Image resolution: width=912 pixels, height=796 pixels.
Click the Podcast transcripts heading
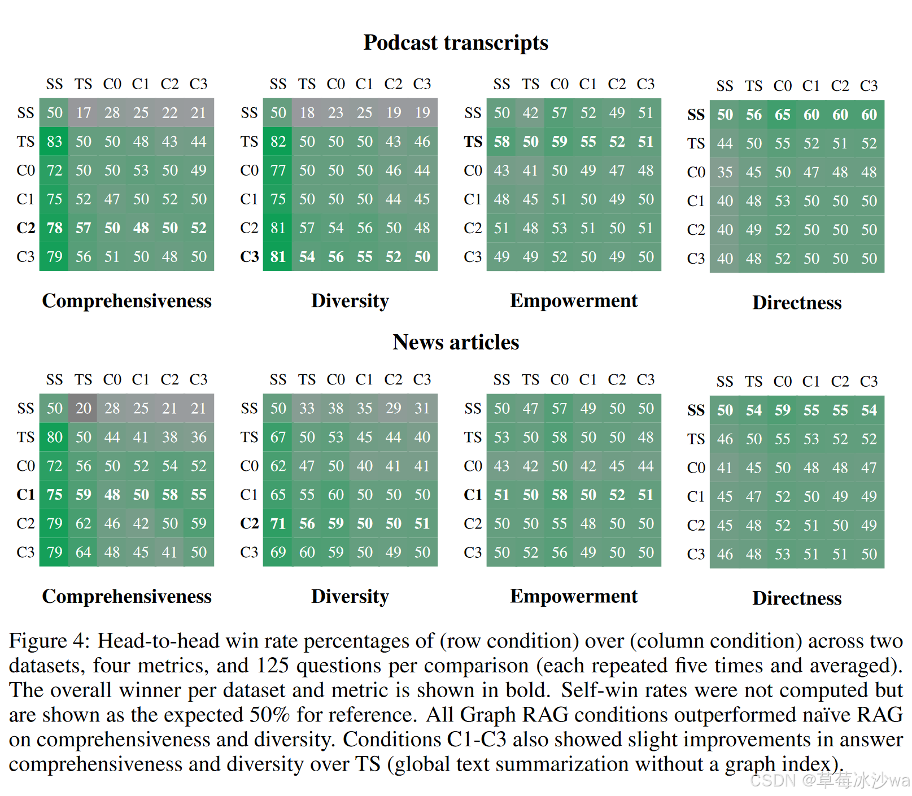coord(455,43)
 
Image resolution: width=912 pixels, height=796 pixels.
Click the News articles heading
coord(455,342)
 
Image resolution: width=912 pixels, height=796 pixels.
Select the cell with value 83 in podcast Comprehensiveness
coord(54,141)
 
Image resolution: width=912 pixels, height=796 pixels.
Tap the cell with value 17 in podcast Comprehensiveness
coord(83,113)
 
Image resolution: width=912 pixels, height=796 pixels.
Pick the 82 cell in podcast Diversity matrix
coord(278,141)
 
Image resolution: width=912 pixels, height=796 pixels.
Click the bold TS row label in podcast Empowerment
coord(473,142)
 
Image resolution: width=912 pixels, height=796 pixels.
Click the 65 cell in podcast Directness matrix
coord(782,115)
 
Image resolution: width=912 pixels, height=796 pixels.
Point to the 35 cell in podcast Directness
coord(725,172)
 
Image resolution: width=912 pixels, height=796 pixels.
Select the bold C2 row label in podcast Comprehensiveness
coord(25,228)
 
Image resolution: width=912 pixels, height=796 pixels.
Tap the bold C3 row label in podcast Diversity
coord(249,257)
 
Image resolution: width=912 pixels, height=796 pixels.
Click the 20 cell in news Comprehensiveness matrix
coord(83,408)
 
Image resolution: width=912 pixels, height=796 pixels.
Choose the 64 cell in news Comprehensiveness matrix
coord(83,552)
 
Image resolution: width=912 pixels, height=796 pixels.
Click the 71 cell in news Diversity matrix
coord(278,523)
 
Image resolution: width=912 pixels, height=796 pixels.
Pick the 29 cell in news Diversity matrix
coord(393,408)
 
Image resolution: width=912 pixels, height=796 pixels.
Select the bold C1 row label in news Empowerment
coord(473,495)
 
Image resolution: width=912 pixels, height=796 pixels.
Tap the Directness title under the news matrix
coord(796,598)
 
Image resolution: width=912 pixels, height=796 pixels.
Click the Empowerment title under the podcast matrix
coord(573,301)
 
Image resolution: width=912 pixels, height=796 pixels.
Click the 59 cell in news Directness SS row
coord(782,410)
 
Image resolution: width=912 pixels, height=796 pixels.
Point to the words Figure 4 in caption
coord(49,641)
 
